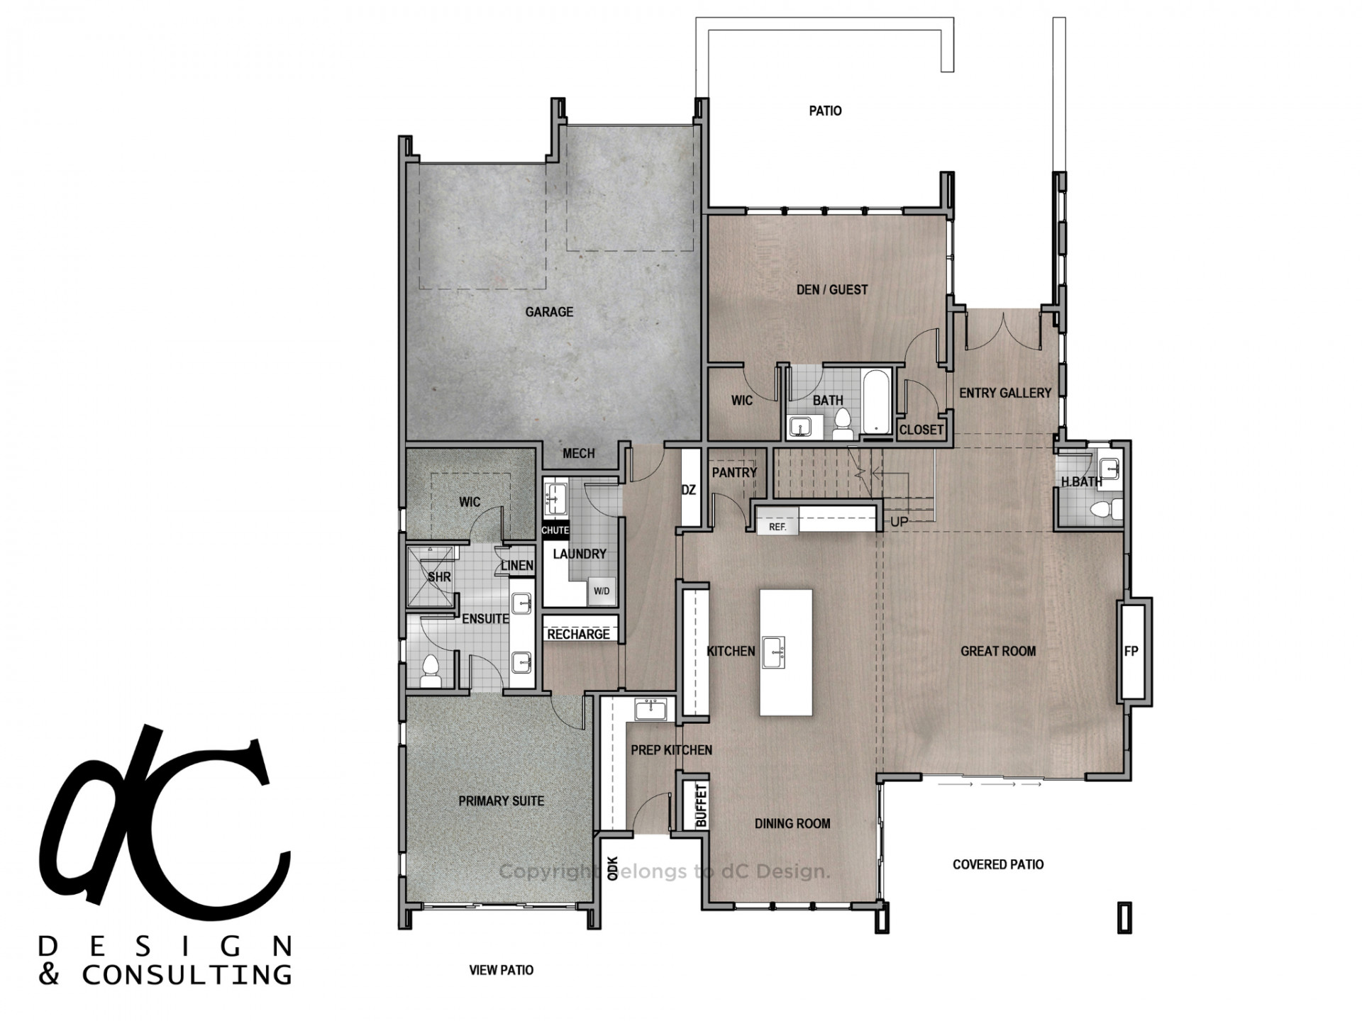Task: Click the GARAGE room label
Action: (x=549, y=312)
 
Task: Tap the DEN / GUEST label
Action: (x=832, y=289)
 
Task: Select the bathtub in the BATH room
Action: (x=876, y=400)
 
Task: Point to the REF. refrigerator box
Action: (x=777, y=527)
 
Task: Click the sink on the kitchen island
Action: (x=773, y=652)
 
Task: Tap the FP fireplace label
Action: (x=1131, y=651)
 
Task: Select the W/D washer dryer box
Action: (x=602, y=591)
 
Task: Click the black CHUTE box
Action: (x=555, y=530)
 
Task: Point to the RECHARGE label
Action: (x=578, y=634)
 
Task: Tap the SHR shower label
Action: (x=439, y=577)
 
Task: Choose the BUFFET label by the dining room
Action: (x=701, y=805)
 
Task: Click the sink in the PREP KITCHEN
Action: (x=650, y=710)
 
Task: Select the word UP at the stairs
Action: (x=899, y=522)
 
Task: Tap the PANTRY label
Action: (x=734, y=472)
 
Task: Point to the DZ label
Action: (x=688, y=490)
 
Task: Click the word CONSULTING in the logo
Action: (x=187, y=974)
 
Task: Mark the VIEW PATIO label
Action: (x=502, y=970)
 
